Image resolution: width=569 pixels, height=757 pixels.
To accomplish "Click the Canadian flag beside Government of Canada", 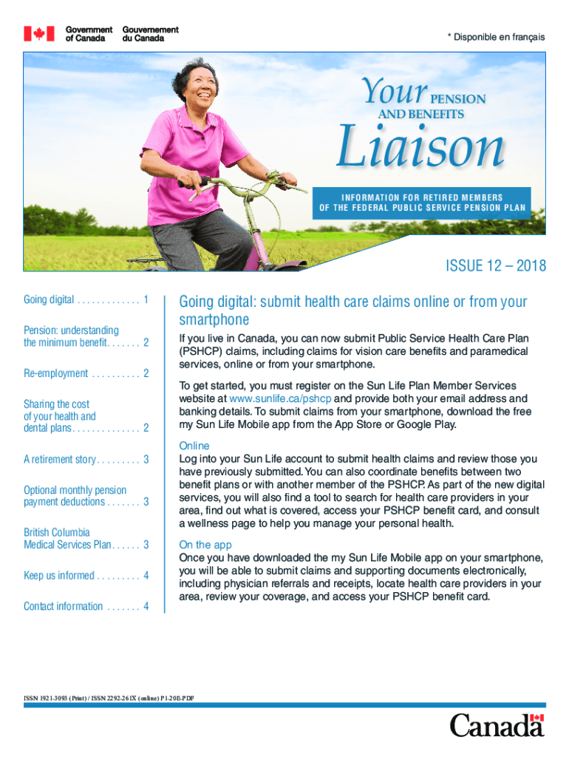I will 39,34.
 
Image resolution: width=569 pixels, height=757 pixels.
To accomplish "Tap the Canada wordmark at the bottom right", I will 497,725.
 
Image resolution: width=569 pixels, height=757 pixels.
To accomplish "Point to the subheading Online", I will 194,446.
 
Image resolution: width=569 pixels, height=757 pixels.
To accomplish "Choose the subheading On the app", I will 205,545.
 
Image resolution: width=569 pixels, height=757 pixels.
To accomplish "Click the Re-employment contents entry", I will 86,373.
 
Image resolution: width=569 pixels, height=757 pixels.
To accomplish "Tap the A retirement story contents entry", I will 86,459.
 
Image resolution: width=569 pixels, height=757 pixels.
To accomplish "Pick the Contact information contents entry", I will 86,606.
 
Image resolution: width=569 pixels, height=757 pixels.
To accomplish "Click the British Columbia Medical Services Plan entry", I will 86,538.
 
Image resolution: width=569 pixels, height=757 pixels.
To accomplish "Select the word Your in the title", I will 395,94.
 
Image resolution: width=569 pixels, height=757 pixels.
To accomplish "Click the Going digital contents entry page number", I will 146,299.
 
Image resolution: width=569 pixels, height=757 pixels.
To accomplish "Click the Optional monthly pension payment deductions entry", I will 86,496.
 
